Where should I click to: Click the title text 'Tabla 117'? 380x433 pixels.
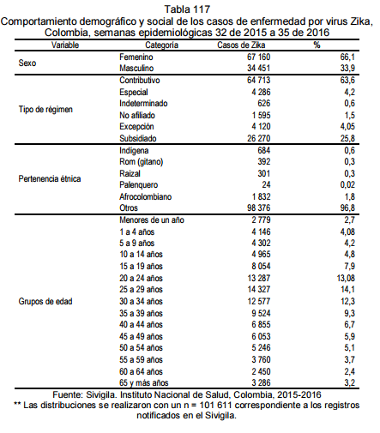pos(187,9)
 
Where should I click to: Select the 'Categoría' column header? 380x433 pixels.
pos(161,45)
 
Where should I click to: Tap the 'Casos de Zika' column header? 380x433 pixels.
pos(241,45)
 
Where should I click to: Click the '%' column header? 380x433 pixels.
pos(317,45)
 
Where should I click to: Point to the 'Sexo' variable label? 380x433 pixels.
pos(27,63)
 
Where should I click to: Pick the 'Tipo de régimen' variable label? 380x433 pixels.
pos(45,109)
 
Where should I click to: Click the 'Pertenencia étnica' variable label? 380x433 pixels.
pos(50,179)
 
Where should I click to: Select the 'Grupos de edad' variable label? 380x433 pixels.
pos(45,302)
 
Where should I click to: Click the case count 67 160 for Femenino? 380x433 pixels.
pos(258,57)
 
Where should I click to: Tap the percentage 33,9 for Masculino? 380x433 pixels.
pos(347,69)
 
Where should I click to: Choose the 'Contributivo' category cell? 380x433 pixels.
pos(140,81)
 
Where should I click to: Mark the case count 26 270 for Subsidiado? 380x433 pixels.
pos(258,138)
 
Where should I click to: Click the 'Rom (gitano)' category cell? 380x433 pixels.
pos(142,162)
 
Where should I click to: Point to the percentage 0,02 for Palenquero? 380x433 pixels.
pos(347,185)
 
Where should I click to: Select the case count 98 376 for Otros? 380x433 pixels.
pos(258,207)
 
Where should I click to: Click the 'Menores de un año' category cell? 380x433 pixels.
pos(152,220)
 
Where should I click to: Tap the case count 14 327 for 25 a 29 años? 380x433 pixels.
pos(259,290)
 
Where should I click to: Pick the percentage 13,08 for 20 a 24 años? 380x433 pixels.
pos(346,278)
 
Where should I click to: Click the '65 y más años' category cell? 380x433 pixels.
pos(144,383)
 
